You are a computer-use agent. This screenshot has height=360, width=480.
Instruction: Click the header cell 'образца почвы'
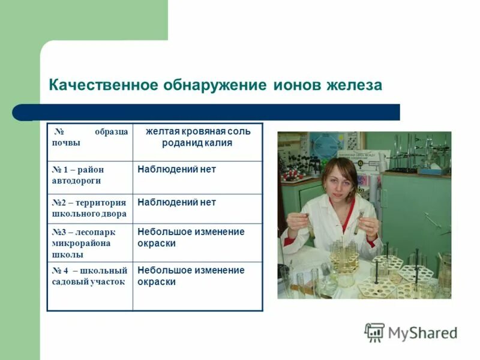click(89, 137)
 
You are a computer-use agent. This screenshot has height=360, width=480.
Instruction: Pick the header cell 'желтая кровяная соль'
click(197, 131)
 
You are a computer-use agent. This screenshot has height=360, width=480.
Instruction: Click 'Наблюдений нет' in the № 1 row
click(176, 170)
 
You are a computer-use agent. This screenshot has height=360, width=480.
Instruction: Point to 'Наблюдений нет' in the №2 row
click(176, 202)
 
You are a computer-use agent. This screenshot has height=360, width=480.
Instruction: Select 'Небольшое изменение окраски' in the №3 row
click(191, 238)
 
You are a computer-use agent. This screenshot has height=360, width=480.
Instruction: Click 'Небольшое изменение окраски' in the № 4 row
click(191, 276)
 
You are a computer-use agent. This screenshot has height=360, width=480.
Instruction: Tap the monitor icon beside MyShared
click(374, 332)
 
